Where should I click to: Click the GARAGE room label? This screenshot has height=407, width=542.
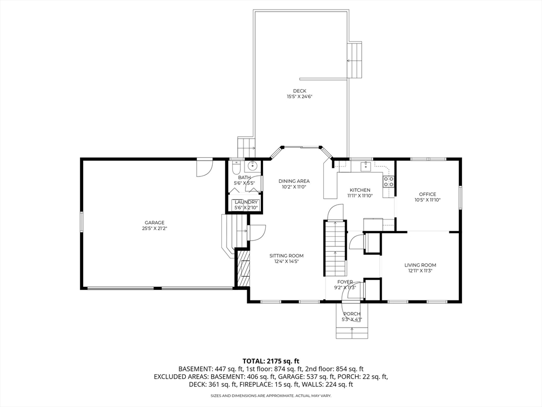tap(155, 223)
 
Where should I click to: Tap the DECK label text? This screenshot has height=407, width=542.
tap(300, 91)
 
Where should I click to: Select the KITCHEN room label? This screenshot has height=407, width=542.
tap(360, 190)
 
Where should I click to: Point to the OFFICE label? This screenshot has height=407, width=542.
tap(428, 194)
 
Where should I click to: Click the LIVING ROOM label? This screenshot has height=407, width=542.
tap(420, 265)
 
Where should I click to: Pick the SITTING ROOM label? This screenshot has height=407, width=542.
tap(286, 256)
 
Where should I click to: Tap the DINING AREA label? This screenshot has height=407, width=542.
tap(294, 181)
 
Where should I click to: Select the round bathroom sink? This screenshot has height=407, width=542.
tap(253, 166)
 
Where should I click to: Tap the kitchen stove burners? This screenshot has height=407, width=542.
tap(389, 182)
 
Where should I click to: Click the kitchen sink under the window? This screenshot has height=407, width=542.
tap(365, 167)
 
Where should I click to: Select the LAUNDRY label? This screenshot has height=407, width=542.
tap(246, 202)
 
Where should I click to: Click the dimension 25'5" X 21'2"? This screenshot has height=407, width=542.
tap(155, 228)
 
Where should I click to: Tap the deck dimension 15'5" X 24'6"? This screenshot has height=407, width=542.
tap(300, 97)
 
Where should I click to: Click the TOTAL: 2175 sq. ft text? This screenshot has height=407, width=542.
tap(270, 361)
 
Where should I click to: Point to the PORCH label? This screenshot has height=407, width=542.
tap(352, 314)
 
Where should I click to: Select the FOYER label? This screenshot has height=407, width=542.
tap(345, 282)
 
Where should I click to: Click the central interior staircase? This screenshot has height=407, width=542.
tap(335, 248)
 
